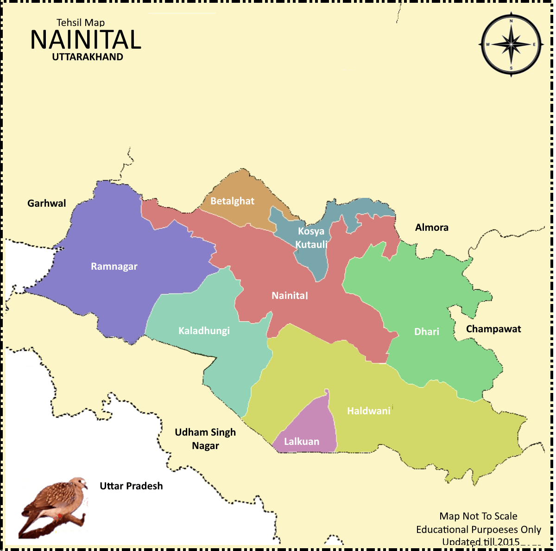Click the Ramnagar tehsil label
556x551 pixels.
point(114,266)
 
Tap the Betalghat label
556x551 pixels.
point(232,201)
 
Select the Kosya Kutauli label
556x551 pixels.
point(311,238)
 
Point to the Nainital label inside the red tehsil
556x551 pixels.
point(290,296)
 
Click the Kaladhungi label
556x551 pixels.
point(204,331)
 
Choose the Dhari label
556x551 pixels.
point(426,332)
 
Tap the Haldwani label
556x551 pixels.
point(369,411)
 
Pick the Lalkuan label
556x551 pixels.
point(301,442)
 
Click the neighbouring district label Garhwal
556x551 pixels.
point(46,203)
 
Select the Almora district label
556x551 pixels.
point(431,228)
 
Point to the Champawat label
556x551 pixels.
point(493,329)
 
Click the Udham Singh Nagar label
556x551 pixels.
point(205,439)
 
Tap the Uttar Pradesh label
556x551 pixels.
point(131,486)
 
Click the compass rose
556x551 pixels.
point(511,45)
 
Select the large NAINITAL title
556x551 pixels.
point(86,40)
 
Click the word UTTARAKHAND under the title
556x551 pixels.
point(88,57)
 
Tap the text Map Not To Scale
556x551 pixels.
point(478,516)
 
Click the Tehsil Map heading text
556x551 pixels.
point(81,22)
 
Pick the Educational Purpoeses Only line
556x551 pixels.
point(478,530)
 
